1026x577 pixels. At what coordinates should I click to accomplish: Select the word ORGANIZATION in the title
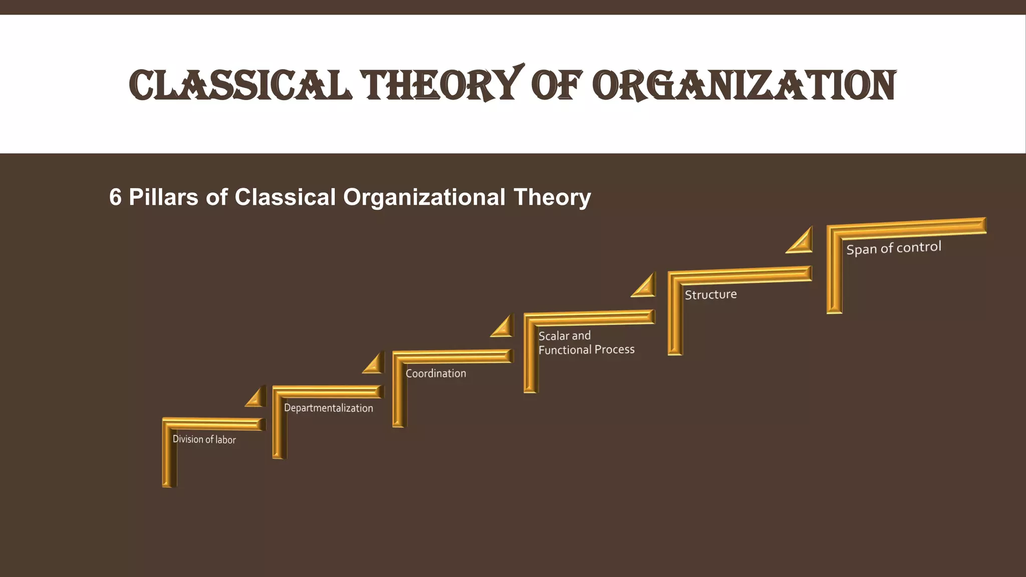pos(744,85)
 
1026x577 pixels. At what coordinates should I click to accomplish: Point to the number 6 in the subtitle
pos(115,197)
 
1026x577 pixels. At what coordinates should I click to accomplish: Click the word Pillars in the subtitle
pos(163,197)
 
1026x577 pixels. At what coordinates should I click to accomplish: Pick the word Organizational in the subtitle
pos(424,197)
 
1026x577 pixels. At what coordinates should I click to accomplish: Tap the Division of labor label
pos(204,439)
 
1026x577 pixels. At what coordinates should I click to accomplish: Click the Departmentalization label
pos(328,408)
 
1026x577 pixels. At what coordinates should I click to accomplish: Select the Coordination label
pos(435,373)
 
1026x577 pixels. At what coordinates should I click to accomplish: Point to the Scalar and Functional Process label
pos(586,343)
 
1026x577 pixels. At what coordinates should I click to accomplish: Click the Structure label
pos(710,295)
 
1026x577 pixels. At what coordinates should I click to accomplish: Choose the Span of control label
pos(894,248)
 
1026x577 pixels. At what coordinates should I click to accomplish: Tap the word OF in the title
pos(556,85)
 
